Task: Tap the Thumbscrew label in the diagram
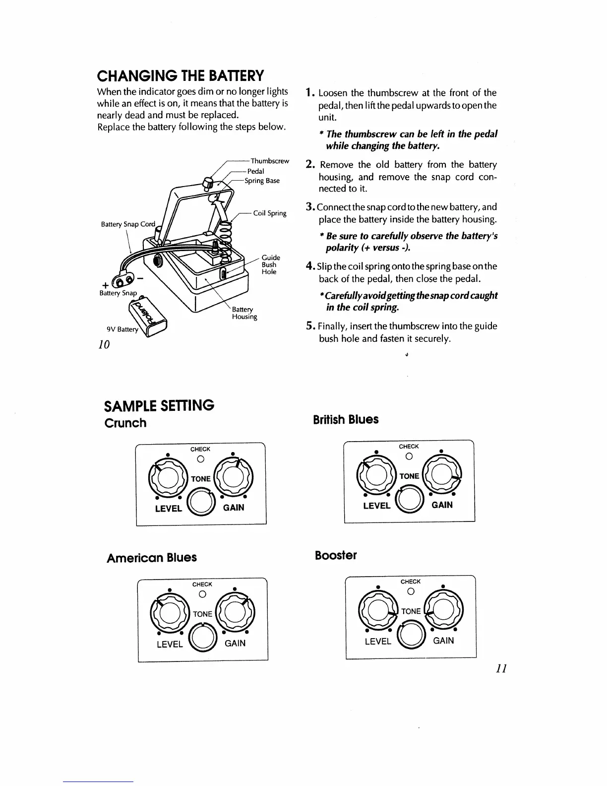[270, 161]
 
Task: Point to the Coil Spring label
[270, 213]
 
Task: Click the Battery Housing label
[244, 313]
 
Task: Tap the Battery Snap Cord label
[128, 224]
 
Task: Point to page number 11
[501, 669]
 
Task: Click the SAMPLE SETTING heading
[159, 405]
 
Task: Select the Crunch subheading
[125, 423]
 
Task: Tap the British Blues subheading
[346, 420]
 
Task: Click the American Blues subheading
[152, 558]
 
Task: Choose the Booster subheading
[336, 555]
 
